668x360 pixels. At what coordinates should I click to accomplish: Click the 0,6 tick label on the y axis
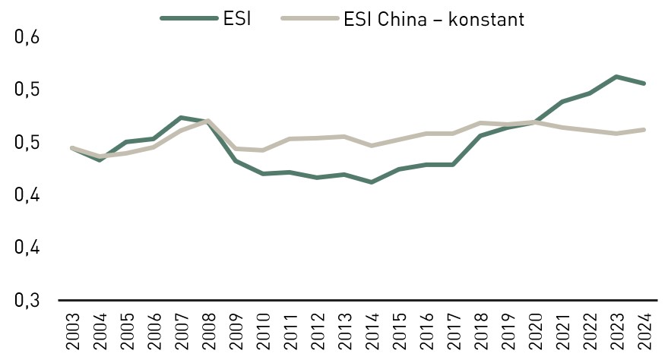tap(27, 37)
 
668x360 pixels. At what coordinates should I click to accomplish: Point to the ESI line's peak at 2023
tap(617, 77)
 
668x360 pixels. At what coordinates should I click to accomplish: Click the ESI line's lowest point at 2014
tap(371, 182)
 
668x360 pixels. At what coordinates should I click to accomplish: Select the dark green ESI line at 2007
tap(180, 118)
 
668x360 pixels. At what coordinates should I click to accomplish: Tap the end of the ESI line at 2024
tap(644, 84)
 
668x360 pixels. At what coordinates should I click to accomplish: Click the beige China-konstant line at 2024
tap(644, 130)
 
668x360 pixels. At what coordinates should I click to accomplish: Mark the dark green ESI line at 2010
tap(262, 174)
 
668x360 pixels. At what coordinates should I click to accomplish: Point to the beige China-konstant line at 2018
tap(480, 123)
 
